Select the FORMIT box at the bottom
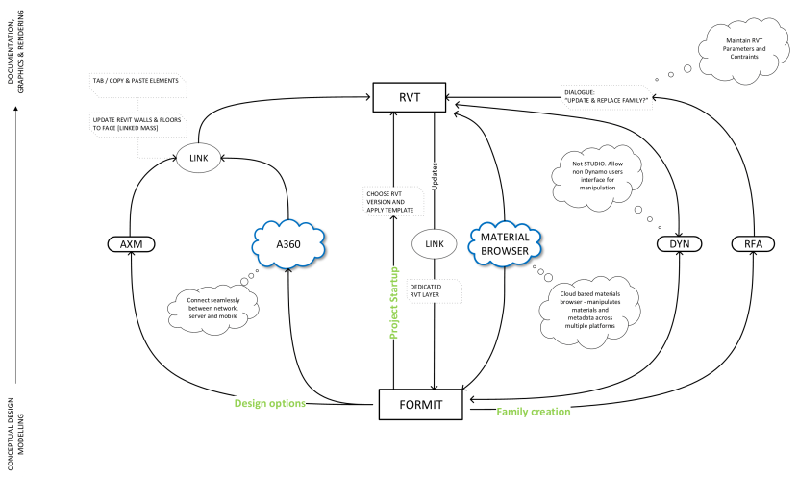pyautogui.click(x=422, y=403)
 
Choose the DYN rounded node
pyautogui.click(x=678, y=244)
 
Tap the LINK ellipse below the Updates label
pyautogui.click(x=434, y=244)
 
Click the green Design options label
pyautogui.click(x=270, y=403)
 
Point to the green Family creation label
pyautogui.click(x=534, y=412)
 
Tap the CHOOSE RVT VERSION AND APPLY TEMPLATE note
pyautogui.click(x=387, y=202)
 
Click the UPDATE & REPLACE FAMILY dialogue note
pyautogui.click(x=604, y=96)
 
